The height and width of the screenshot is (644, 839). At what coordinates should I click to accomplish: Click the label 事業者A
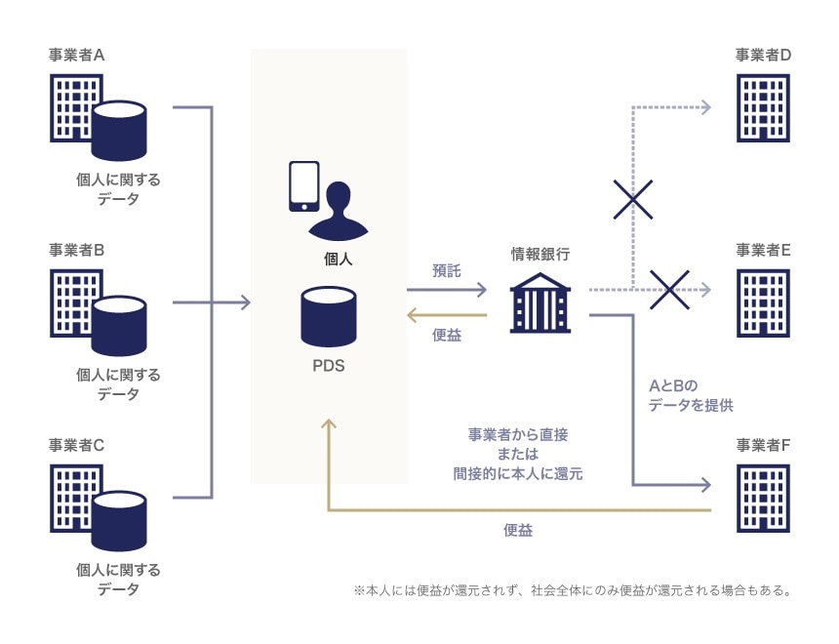[x=77, y=55]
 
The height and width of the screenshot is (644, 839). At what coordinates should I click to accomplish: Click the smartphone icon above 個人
[x=303, y=186]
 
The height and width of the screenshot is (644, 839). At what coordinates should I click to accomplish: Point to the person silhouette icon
[x=339, y=210]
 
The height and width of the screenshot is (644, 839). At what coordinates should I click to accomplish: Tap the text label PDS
[x=328, y=367]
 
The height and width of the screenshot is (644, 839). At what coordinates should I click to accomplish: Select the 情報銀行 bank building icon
[x=539, y=302]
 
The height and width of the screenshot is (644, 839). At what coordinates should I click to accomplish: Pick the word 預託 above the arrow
[x=446, y=272]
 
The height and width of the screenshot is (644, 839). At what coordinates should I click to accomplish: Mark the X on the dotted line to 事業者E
[x=670, y=289]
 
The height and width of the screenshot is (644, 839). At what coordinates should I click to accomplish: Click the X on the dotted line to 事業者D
[x=633, y=200]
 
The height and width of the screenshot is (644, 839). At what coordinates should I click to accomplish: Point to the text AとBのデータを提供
[x=690, y=395]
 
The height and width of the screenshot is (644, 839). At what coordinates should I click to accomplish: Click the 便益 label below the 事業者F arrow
[x=518, y=531]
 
